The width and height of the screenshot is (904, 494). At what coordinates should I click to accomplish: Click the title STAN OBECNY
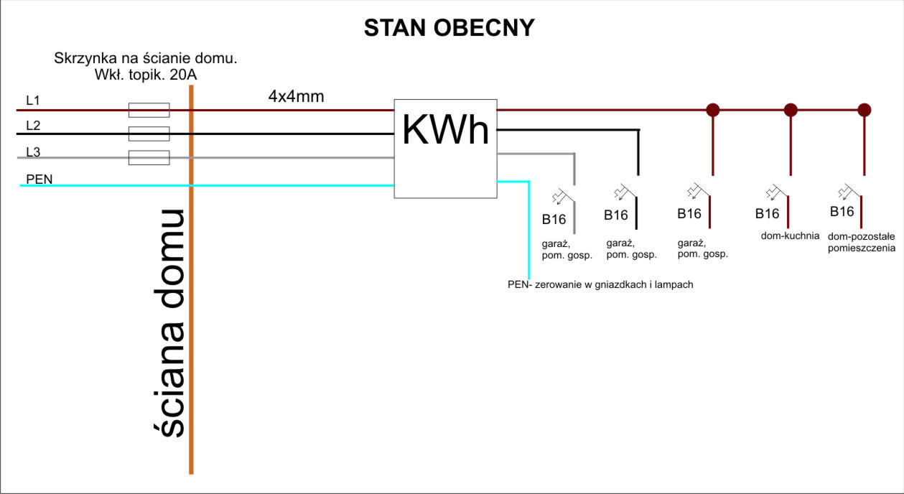[449, 28]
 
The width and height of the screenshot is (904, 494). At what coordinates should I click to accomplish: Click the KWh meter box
[446, 149]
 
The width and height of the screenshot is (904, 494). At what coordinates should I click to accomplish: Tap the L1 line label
[33, 100]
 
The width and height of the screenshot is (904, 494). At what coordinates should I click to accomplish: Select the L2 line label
[33, 125]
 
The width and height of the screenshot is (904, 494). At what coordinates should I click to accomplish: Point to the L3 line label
[33, 152]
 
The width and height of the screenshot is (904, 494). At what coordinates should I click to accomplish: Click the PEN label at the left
[39, 179]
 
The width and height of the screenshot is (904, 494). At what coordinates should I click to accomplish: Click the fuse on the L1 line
[149, 110]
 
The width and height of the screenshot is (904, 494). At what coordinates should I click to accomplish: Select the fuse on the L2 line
[149, 134]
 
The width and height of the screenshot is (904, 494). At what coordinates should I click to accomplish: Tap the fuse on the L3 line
[149, 157]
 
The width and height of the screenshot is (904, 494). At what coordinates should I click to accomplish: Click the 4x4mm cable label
[297, 96]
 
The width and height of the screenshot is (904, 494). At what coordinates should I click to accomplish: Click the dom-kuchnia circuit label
[790, 236]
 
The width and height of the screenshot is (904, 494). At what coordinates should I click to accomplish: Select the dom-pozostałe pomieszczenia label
[861, 242]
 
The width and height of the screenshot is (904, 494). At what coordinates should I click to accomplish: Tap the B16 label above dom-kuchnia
[767, 213]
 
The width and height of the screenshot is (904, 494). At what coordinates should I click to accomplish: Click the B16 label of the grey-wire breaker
[554, 219]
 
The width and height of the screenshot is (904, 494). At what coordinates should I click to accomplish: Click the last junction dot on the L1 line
[864, 110]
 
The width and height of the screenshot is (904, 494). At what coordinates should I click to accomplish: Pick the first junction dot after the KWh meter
[713, 110]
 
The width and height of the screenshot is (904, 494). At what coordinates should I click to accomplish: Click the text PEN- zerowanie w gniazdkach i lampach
[600, 284]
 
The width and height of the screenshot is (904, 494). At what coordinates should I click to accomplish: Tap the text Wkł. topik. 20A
[146, 75]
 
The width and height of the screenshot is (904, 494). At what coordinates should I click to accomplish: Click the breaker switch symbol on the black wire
[625, 192]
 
